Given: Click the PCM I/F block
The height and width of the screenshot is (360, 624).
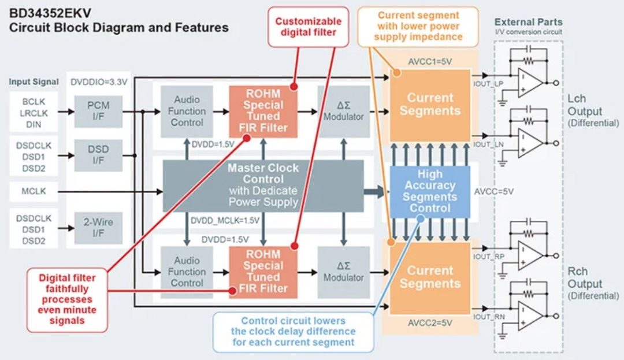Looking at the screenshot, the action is [98, 112].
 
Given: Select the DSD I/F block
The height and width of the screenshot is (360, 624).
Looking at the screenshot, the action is [98, 155].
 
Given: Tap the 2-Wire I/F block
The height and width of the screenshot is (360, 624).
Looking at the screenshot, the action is [98, 228].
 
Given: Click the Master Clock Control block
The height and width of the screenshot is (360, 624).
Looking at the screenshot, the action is [263, 185].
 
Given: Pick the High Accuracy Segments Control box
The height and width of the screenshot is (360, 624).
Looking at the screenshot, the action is [430, 192].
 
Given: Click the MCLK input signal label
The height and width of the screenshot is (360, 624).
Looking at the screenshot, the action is [34, 191].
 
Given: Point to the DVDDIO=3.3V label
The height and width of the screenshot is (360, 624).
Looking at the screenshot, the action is [99, 82].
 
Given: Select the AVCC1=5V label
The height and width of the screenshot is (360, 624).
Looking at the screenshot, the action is [430, 62].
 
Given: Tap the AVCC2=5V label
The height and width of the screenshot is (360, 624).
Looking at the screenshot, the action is [430, 322].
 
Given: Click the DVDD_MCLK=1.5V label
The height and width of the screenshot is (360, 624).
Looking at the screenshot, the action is [225, 220].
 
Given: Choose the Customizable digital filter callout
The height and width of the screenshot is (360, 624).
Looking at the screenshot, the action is [309, 27].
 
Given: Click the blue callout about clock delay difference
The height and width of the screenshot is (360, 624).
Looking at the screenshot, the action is [294, 332].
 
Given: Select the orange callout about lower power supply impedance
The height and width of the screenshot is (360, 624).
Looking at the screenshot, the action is [418, 26].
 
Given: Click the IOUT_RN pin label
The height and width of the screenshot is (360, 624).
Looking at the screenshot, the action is [489, 317].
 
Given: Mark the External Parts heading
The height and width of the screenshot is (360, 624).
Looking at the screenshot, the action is [529, 23].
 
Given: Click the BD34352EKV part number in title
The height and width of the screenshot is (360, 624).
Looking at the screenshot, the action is [50, 13].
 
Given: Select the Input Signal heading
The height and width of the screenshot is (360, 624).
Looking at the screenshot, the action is [34, 82].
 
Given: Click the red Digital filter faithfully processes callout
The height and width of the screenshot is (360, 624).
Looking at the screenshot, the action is [67, 299].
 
